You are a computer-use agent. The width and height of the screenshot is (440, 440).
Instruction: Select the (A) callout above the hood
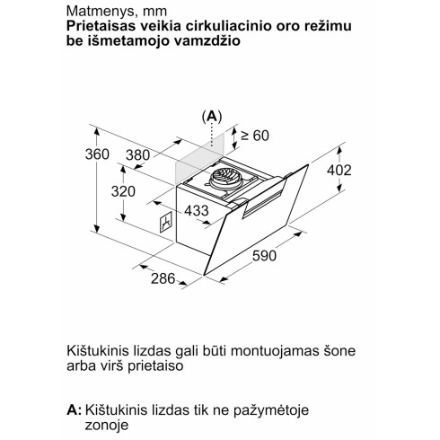(x=211, y=117)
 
